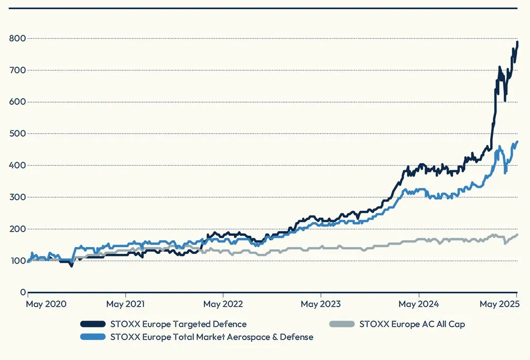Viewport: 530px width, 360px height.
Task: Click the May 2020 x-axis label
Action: point(46,304)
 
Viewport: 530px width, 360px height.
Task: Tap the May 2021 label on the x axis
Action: point(125,304)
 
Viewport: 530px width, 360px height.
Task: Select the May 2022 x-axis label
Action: point(223,304)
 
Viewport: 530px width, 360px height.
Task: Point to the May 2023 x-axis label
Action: point(320,304)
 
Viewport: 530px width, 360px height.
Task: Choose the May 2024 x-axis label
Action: point(419,304)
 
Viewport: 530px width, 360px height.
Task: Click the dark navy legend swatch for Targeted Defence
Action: point(93,324)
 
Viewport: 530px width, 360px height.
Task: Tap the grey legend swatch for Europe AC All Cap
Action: point(342,324)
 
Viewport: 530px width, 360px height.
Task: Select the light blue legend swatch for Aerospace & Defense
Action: point(93,337)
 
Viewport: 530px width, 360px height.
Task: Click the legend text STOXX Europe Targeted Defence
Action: point(178,324)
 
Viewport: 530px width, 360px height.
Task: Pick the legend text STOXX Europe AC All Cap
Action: point(412,324)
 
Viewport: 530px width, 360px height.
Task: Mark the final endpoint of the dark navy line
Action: point(517,42)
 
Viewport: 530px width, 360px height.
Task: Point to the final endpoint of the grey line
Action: point(517,235)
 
